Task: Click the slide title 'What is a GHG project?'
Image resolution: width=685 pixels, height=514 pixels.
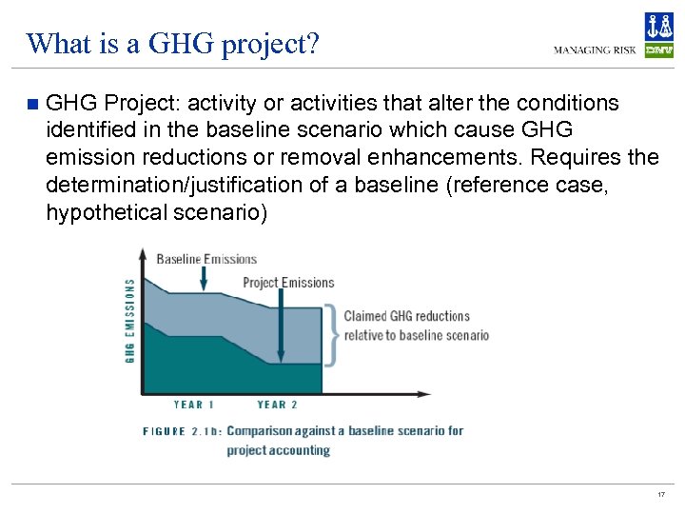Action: coord(173,43)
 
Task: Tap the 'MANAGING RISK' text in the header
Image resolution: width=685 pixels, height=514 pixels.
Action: coord(595,50)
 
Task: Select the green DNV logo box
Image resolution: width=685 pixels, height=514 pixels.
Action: coord(658,50)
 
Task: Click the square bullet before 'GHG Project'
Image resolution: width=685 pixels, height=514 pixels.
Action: coord(33,103)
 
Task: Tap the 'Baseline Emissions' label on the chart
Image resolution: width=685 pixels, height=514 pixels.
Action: coord(206,259)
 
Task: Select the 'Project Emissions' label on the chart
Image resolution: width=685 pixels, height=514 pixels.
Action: coord(288,283)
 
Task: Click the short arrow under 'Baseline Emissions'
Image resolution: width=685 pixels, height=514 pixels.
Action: coord(204,277)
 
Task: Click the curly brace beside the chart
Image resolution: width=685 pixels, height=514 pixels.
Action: coord(331,334)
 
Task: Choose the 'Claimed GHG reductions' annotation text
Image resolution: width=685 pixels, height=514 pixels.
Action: coord(406,316)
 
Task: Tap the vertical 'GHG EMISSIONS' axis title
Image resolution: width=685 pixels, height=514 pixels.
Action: coord(130,321)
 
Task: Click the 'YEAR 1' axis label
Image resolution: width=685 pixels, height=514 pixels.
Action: coord(194,405)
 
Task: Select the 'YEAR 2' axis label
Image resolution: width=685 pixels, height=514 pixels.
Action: coord(278,405)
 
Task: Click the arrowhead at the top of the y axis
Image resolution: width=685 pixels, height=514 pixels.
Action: coord(143,254)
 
